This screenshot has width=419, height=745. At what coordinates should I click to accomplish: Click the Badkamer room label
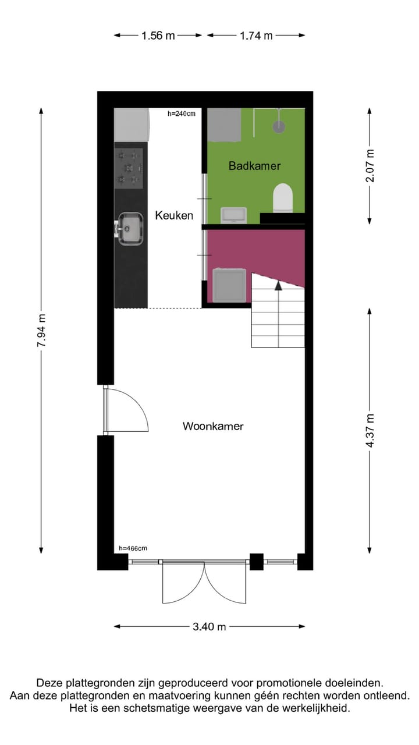coord(254,166)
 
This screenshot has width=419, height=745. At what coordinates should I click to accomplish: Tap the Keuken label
coord(174,215)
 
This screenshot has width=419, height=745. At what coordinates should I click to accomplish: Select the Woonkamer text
coord(213,426)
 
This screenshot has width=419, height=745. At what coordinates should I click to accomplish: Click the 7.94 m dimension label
coord(41,331)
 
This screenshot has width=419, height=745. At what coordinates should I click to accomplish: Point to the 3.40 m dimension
coord(210,627)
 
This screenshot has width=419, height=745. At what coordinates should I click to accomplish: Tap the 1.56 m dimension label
coord(158,36)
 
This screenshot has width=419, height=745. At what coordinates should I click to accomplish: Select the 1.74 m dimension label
coord(256,36)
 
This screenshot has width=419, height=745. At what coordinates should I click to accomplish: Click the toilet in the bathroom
coord(283,197)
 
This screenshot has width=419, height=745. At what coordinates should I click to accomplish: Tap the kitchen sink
coord(130,228)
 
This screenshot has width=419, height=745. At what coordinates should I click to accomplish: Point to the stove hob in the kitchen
coord(129,168)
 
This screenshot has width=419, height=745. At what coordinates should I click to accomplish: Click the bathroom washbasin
coord(234,215)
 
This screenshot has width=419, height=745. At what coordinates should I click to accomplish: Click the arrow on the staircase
coord(278,285)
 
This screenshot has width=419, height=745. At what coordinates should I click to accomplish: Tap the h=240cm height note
coord(182,113)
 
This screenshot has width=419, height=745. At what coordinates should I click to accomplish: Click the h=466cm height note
coord(133,548)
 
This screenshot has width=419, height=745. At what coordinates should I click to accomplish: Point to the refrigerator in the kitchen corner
coord(132,124)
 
